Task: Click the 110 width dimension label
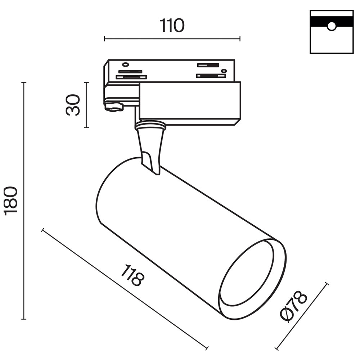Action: [172, 26]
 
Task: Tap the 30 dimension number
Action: [73, 104]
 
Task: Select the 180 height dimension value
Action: [11, 201]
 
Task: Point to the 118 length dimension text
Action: [132, 275]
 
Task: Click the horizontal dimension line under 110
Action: [172, 39]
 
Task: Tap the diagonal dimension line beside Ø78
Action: [302, 316]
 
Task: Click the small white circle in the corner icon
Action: [332, 26]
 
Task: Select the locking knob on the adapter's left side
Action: [114, 107]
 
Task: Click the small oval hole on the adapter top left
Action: [125, 64]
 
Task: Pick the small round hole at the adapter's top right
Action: [224, 71]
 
